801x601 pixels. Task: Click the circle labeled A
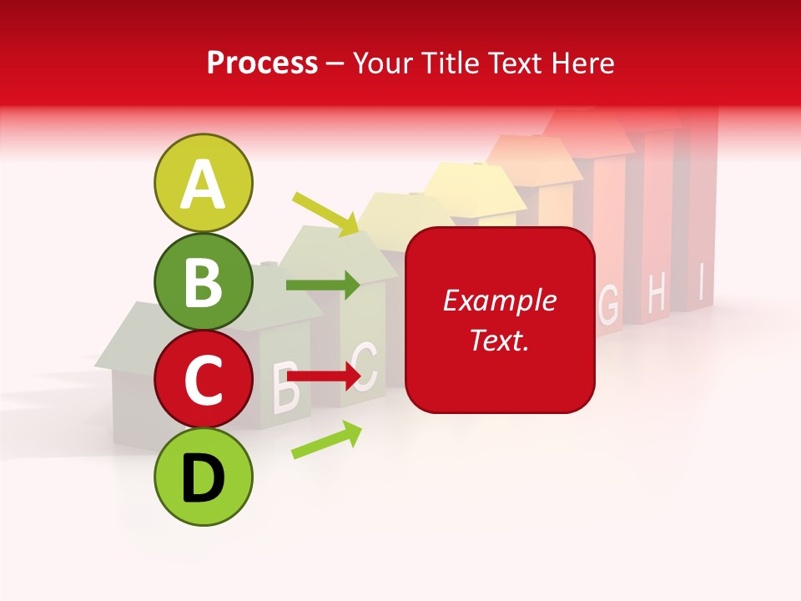click(203, 183)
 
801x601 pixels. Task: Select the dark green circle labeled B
click(203, 281)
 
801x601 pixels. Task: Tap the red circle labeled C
click(203, 380)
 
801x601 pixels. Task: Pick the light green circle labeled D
click(203, 477)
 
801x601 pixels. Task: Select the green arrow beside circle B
click(323, 285)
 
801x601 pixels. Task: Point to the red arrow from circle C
click(323, 377)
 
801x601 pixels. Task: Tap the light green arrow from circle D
click(326, 440)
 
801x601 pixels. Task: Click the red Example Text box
click(500, 320)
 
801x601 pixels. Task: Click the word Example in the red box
click(500, 300)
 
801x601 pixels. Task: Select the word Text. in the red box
click(500, 340)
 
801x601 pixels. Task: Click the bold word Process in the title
click(262, 63)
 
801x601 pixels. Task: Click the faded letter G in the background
click(609, 306)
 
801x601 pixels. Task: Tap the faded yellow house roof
click(471, 187)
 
